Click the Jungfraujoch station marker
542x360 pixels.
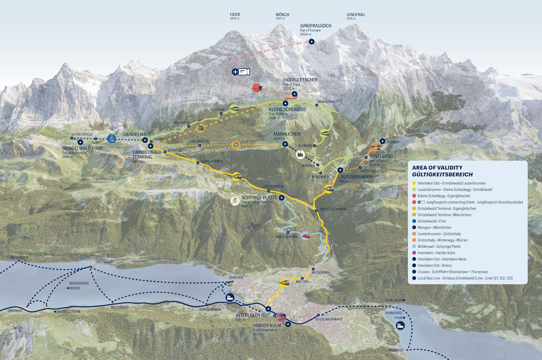coord(311,42)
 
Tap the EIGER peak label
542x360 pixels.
coord(235,15)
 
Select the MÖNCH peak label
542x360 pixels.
coord(282,15)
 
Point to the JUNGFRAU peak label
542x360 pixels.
coord(355,15)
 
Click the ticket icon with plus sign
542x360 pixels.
coord(240,72)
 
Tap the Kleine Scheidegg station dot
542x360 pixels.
coord(285,103)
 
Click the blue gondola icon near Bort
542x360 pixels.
coord(111,139)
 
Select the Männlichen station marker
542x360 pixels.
coord(285,144)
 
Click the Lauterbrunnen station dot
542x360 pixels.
coord(340,170)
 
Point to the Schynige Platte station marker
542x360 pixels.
coord(281,198)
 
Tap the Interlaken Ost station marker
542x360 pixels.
coord(268,309)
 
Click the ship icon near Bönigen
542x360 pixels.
coord(230,298)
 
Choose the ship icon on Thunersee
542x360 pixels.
coord(400,325)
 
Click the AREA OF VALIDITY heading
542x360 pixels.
coord(437,168)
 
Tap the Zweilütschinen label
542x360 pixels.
coord(332,209)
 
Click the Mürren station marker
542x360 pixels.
coord(382,141)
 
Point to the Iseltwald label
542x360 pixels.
coord(104,262)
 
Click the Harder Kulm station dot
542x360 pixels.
coord(288,324)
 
